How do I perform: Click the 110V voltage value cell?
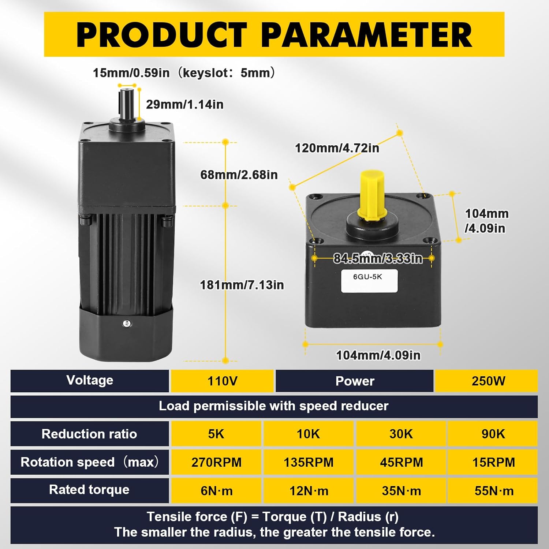222,381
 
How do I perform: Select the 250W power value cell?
488,381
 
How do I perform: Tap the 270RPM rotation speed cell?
216,462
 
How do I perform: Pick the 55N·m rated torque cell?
494,490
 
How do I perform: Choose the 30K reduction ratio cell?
401,434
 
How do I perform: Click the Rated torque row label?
89,490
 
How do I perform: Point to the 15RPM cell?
493,462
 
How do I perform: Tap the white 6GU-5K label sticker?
369,281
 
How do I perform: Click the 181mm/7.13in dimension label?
242,285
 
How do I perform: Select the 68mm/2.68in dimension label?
239,175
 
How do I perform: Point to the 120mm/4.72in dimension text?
337,148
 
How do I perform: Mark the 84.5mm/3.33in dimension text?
378,258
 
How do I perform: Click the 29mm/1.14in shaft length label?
185,105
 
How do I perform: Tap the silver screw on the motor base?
127,323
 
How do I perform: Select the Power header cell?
355,381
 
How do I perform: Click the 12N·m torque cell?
309,490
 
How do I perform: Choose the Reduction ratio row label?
89,434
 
